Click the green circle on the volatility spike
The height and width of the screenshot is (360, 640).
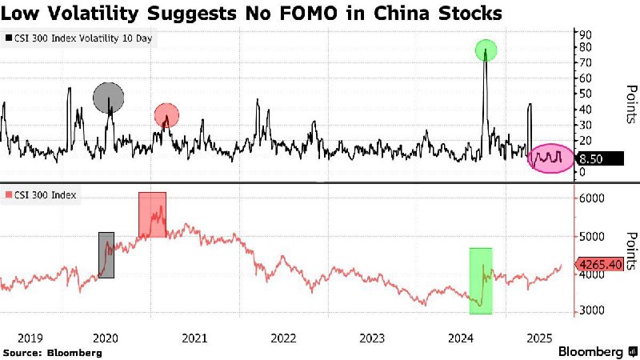(x=486, y=50)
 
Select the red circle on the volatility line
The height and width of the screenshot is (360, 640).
(x=166, y=115)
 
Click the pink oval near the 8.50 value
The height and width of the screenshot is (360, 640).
(x=551, y=158)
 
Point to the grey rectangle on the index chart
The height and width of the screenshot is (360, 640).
(x=106, y=254)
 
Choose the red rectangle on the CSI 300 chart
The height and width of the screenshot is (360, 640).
(x=152, y=214)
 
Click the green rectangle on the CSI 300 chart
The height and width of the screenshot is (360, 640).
(x=481, y=281)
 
